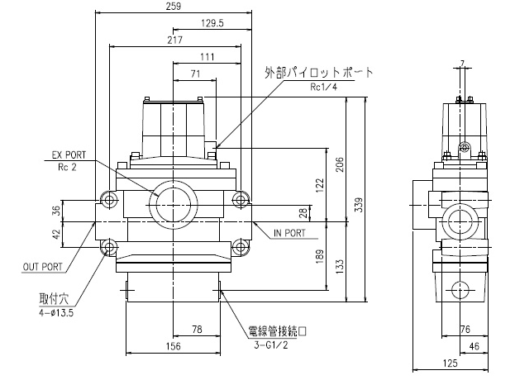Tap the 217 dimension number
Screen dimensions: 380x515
tap(174, 40)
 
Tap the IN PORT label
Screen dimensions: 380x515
tap(289, 234)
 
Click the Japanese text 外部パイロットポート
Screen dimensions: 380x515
tap(319, 73)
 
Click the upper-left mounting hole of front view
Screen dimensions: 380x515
tap(109, 198)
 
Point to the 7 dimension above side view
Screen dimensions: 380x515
tap(462, 62)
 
